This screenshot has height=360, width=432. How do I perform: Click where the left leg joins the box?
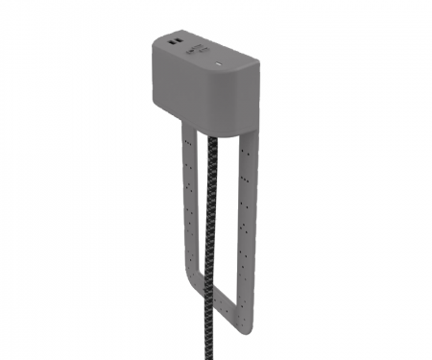185,126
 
